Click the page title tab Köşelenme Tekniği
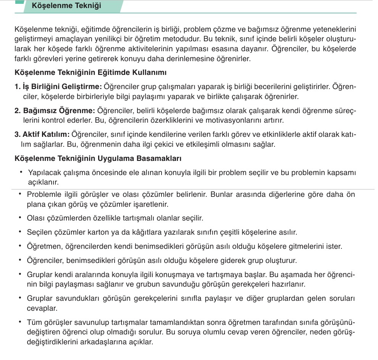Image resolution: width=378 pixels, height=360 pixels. [67, 6]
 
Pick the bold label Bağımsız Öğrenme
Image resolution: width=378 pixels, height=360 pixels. [55, 111]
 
